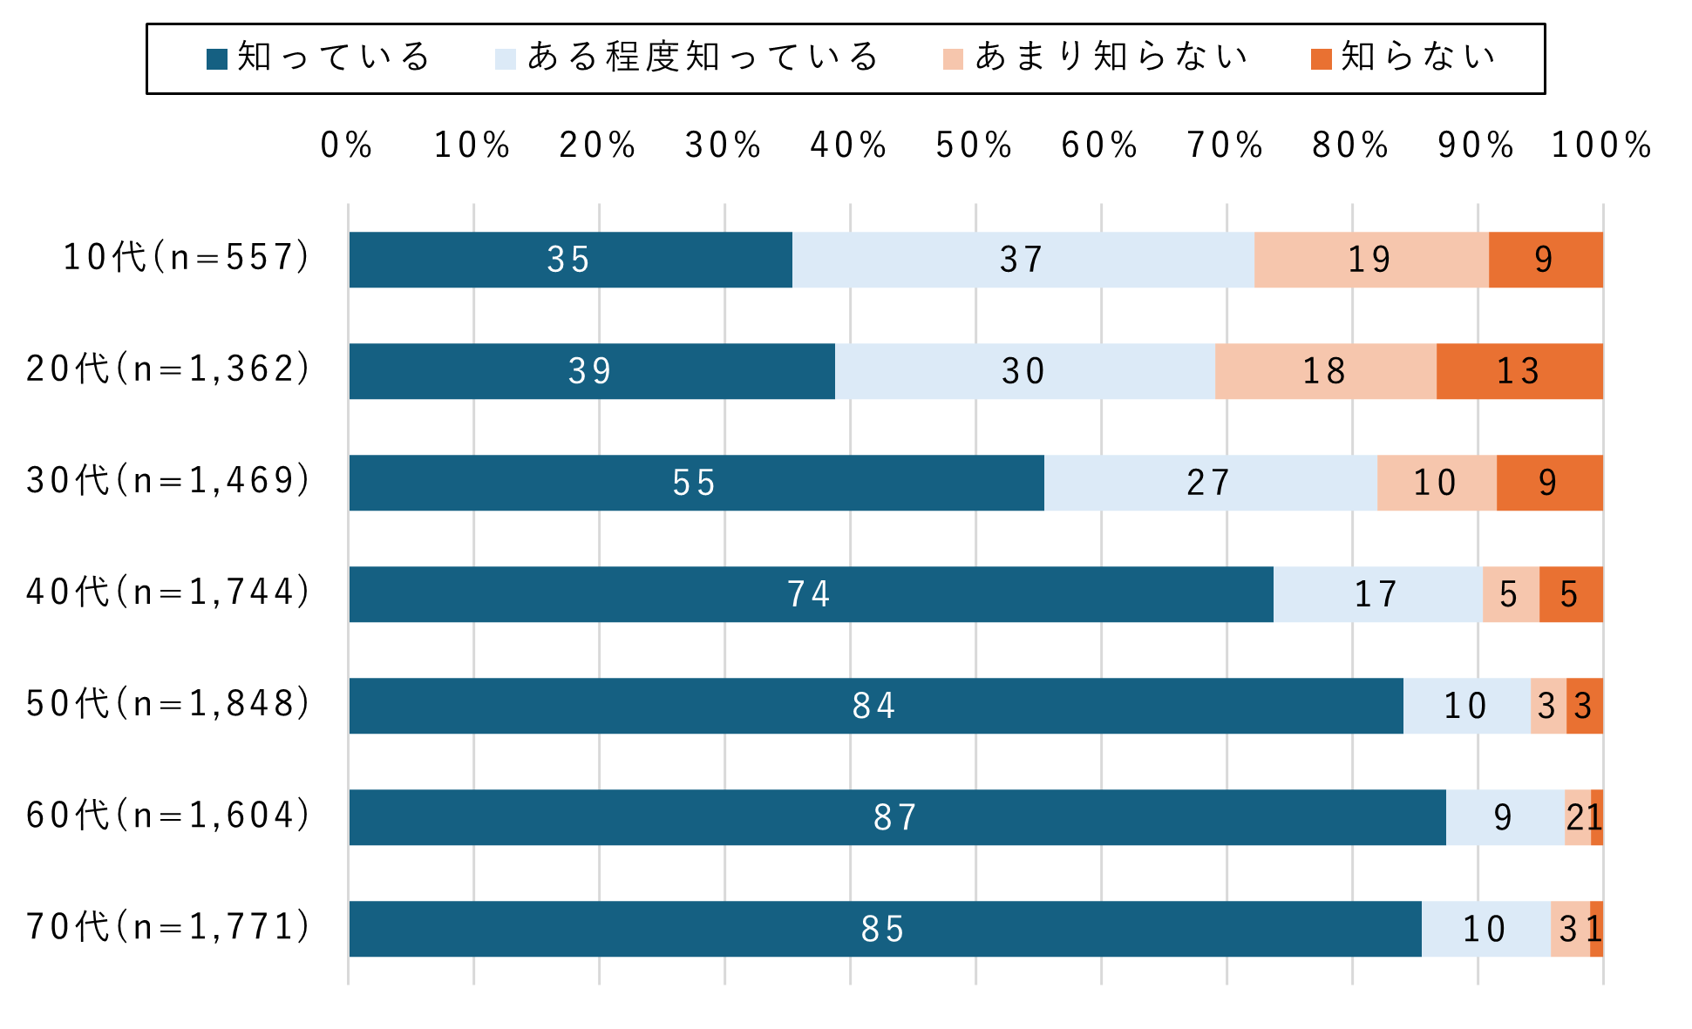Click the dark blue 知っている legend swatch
[217, 58]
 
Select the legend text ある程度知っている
[703, 57]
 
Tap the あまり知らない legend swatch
[953, 58]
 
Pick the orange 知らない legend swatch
[1321, 58]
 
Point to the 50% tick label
[974, 146]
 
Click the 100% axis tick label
[1601, 146]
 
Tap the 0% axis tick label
[346, 146]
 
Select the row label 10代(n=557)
[187, 258]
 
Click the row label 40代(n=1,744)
[168, 592]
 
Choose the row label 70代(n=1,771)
[168, 927]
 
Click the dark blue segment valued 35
[570, 260]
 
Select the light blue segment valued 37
[1023, 260]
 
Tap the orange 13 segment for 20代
[1519, 371]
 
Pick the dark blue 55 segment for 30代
[696, 483]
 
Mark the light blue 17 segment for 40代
[1377, 594]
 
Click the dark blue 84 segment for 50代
[875, 706]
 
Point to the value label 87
[896, 817]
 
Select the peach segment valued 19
[1370, 260]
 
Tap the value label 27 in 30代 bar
[1209, 483]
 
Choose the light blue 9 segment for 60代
[1505, 817]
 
